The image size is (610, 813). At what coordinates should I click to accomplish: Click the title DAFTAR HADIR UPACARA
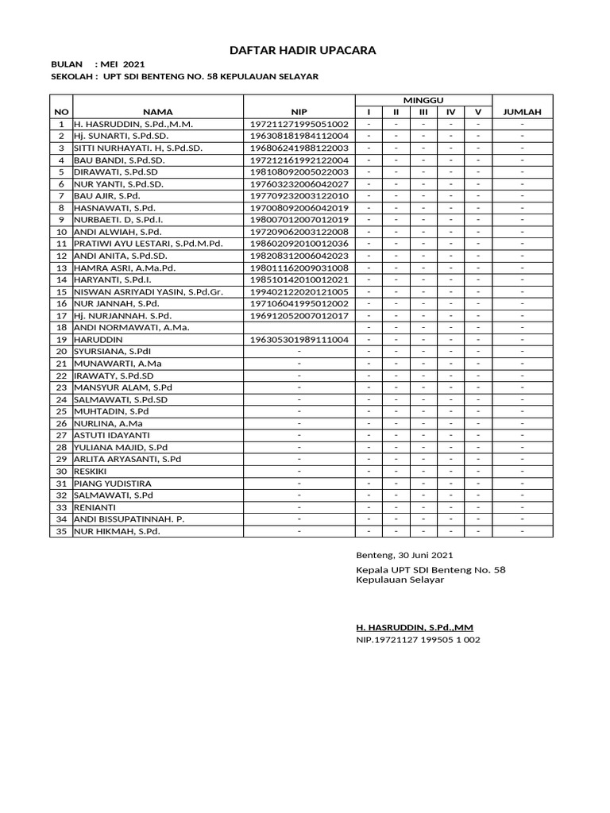[303, 51]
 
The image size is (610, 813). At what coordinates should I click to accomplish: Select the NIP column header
[299, 112]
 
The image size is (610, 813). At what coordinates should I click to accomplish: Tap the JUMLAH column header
[522, 112]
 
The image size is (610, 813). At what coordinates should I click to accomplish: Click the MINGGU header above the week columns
[423, 99]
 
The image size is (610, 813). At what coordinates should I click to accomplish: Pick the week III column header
[423, 112]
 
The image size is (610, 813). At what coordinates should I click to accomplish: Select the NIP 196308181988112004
[299, 137]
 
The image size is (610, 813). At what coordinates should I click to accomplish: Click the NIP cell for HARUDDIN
[299, 340]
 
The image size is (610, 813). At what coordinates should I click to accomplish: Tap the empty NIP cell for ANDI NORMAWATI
[299, 327]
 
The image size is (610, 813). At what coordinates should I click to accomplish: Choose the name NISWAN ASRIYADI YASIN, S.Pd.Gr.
[148, 291]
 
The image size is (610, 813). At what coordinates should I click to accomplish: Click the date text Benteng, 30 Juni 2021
[405, 556]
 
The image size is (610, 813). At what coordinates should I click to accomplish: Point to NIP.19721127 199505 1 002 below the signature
[418, 640]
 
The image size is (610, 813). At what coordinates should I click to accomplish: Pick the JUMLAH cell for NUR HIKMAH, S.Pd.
[522, 531]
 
